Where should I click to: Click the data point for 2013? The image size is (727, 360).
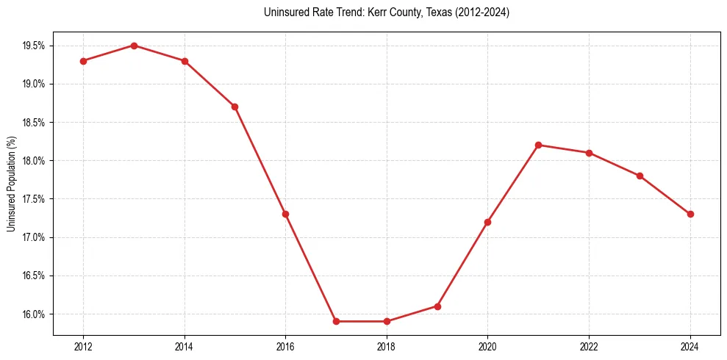[134, 46]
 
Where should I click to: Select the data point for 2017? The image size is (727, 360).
[336, 321]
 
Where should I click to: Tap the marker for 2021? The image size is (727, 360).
[539, 145]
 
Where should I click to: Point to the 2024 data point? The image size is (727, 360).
[690, 214]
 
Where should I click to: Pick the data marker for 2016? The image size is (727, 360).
[285, 214]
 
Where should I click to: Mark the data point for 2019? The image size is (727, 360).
[437, 306]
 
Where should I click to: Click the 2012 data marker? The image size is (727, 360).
[83, 61]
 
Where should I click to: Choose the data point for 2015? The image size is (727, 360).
[234, 107]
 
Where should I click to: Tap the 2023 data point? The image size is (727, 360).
[640, 176]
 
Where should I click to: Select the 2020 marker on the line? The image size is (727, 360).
[488, 222]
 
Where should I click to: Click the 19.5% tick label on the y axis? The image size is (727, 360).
[34, 46]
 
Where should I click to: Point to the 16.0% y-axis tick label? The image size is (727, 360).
[34, 314]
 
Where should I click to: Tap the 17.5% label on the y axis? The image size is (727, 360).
[34, 199]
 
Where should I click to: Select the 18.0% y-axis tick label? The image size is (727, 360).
[34, 161]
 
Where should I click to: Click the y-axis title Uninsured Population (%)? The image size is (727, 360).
[11, 184]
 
